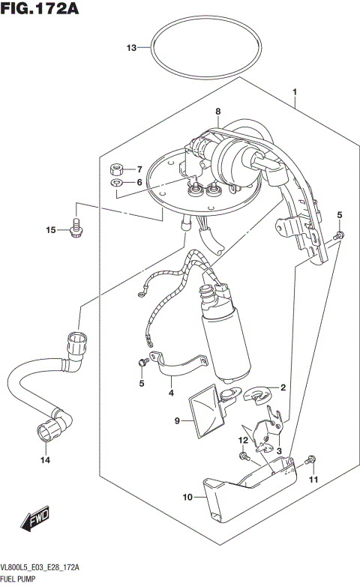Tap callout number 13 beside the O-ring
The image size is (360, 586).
tap(131, 48)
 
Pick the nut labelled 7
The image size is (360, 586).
tap(117, 168)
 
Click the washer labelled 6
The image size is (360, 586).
tap(117, 182)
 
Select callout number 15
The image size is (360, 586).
tap(51, 230)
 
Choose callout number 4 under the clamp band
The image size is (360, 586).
tap(171, 392)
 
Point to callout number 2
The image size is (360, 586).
tap(283, 387)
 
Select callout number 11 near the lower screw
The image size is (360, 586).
tap(314, 479)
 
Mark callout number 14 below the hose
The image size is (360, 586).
tap(44, 460)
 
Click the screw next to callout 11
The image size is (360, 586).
tap(311, 458)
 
